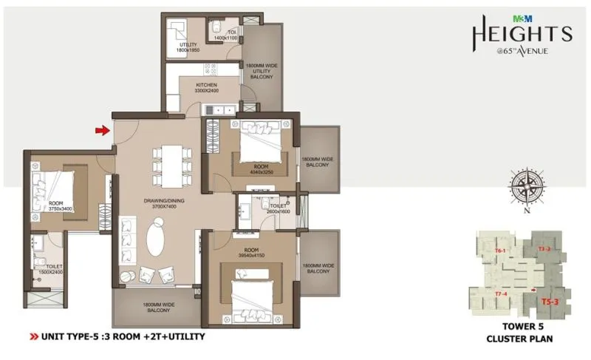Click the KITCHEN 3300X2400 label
coord(206,89)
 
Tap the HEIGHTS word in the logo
coord(522,33)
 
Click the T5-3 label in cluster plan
coord(550,302)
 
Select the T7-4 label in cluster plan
coord(499,294)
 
